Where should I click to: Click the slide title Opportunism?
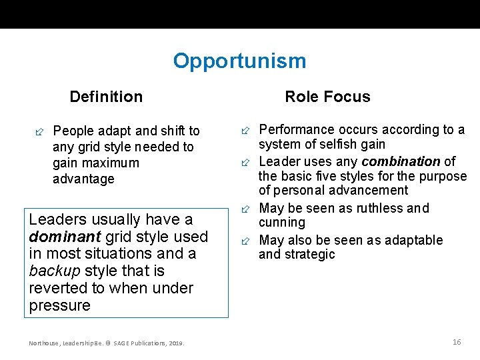pyautogui.click(x=239, y=61)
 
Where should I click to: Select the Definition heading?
pyautogui.click(x=106, y=97)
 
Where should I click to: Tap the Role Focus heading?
pyautogui.click(x=327, y=97)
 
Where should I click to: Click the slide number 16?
pyautogui.click(x=457, y=342)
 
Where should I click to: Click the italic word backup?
pyautogui.click(x=55, y=271)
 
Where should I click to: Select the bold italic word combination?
pyautogui.click(x=401, y=161)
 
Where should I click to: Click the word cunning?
pyautogui.click(x=282, y=223)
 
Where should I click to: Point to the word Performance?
pyautogui.click(x=291, y=129)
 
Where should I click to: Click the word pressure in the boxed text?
pyautogui.click(x=60, y=306)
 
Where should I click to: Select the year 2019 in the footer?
pyautogui.click(x=175, y=343)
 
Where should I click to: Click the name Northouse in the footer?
pyautogui.click(x=44, y=343)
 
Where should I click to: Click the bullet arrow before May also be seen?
pyautogui.click(x=246, y=240)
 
